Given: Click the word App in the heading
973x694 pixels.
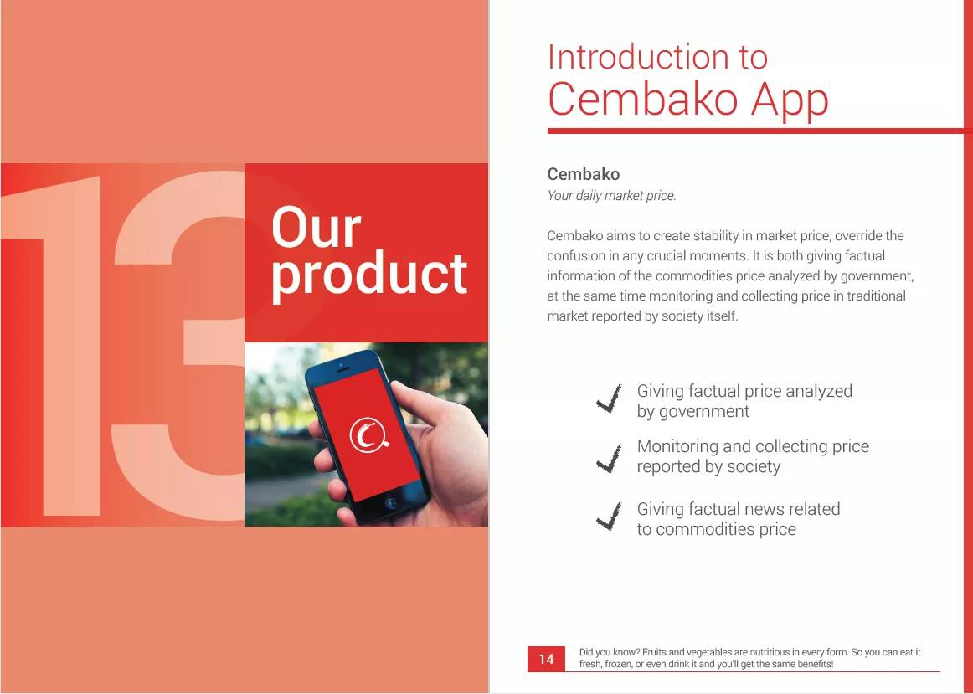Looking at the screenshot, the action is (x=790, y=100).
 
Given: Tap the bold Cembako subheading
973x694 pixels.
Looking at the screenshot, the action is (x=584, y=174).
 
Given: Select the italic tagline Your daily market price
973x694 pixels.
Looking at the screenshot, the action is (x=611, y=196).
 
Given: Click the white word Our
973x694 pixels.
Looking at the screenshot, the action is (x=316, y=228).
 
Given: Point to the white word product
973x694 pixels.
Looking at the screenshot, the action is (x=369, y=275).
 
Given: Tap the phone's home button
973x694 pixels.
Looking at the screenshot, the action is (x=391, y=502).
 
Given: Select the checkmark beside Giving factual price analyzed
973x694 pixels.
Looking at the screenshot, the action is (x=609, y=399).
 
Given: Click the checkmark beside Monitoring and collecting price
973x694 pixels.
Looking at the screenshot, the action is (x=609, y=459).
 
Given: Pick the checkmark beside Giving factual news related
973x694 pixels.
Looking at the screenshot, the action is (x=609, y=517).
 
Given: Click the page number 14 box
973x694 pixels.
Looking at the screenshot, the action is (x=546, y=659).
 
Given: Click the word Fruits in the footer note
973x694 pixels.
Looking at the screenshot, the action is (x=654, y=652).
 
